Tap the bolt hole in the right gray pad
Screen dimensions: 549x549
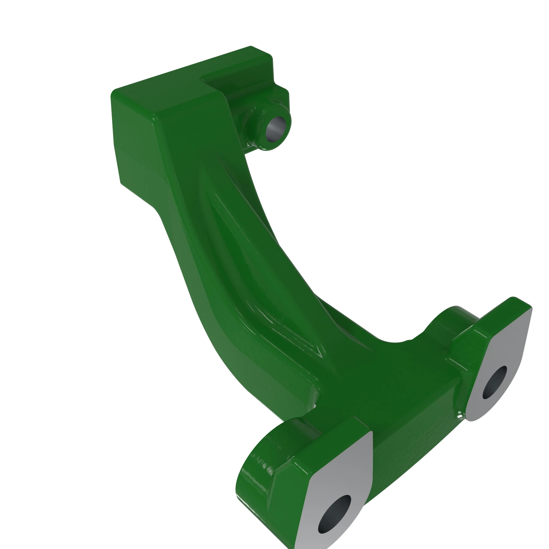point(494,382)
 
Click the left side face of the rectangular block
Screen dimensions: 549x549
point(134,142)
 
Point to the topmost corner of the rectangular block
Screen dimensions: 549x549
point(251,46)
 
